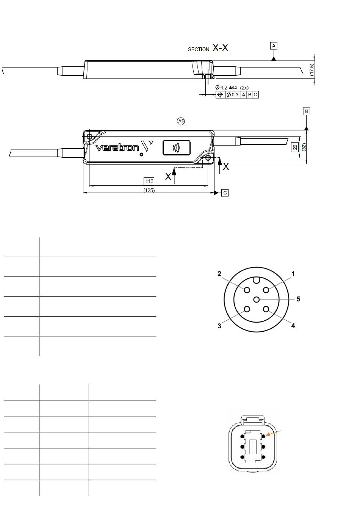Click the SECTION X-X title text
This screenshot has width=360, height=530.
click(x=208, y=48)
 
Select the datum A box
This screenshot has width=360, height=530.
click(x=274, y=46)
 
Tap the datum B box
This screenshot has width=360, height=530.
click(x=306, y=111)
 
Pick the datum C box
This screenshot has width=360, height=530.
click(x=225, y=193)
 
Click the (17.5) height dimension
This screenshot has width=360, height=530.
click(x=312, y=69)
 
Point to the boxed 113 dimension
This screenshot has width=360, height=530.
click(x=149, y=181)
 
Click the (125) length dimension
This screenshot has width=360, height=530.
click(x=149, y=190)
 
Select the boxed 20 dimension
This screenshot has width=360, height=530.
click(x=295, y=147)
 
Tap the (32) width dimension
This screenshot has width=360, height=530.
click(x=304, y=147)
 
